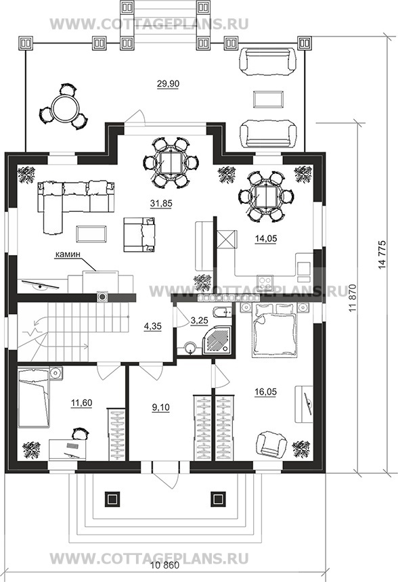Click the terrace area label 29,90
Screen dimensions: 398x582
[168, 84]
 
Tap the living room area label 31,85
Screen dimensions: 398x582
[161, 203]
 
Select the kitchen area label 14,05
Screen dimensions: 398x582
[266, 239]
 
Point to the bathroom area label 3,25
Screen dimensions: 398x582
[199, 320]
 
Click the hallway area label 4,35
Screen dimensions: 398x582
[152, 326]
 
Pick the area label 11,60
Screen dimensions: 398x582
[81, 403]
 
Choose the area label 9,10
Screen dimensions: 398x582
[161, 407]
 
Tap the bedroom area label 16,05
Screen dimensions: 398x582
[266, 392]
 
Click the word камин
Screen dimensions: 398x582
[68, 254]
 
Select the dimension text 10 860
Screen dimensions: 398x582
[165, 565]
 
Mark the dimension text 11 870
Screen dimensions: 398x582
[353, 298]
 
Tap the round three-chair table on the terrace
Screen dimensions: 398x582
[64, 107]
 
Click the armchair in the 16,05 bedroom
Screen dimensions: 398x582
[272, 443]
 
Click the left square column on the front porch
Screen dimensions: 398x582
[112, 499]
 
